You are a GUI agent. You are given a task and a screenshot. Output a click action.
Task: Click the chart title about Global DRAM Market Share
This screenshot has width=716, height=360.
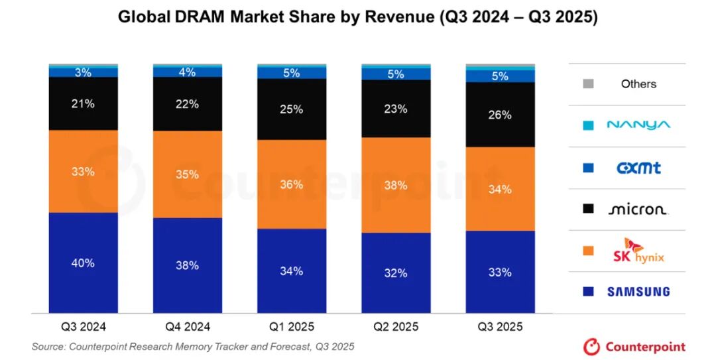(x=358, y=17)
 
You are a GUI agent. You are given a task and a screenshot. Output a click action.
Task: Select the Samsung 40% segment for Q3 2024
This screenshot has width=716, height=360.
(x=84, y=263)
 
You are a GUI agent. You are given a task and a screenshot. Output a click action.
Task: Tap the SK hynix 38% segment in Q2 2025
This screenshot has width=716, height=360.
(x=396, y=185)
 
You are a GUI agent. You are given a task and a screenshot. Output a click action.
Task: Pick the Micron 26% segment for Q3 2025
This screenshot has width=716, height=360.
(x=500, y=115)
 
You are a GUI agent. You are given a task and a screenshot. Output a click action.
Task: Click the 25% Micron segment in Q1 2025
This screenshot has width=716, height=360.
(x=292, y=109)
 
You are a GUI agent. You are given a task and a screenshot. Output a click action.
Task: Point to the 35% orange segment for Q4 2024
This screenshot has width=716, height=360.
(x=188, y=174)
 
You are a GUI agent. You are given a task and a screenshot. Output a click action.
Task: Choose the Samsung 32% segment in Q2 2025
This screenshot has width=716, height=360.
(x=396, y=272)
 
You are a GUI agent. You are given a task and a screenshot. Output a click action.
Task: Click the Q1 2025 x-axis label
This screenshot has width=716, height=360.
(x=292, y=327)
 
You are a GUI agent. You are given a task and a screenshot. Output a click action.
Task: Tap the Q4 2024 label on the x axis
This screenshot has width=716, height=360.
(x=188, y=327)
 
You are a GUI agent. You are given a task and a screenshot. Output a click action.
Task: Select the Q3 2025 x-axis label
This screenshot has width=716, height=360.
(x=500, y=327)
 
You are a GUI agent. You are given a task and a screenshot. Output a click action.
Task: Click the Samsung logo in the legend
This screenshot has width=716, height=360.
(x=638, y=292)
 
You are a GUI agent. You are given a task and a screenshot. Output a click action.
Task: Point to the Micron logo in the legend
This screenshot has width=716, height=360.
(x=638, y=210)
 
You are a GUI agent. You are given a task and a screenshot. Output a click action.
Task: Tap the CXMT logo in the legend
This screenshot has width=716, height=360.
(x=638, y=168)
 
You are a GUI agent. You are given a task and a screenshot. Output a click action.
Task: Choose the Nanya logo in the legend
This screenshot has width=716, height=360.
(x=638, y=125)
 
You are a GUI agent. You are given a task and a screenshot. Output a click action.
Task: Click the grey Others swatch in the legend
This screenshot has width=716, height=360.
(x=588, y=84)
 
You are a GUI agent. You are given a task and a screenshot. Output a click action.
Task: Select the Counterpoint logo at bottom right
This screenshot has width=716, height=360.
(x=634, y=346)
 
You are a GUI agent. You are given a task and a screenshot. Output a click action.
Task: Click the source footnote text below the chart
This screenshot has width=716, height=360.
(x=193, y=346)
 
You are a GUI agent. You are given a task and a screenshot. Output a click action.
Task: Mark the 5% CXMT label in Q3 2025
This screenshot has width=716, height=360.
(x=500, y=76)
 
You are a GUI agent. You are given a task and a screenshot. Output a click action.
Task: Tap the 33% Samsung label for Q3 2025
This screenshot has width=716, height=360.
(x=500, y=272)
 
